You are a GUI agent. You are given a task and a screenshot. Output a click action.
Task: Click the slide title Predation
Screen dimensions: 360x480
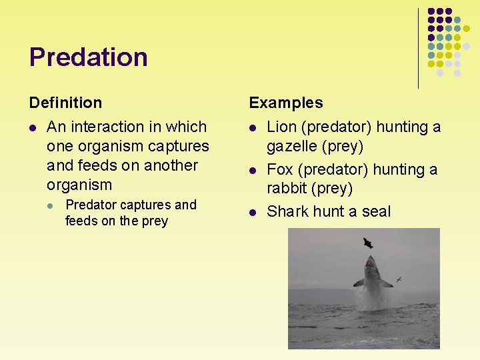[88, 57]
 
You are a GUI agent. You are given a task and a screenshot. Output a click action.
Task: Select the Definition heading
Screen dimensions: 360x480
[65, 103]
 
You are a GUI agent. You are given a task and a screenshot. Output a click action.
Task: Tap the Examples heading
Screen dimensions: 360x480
[285, 103]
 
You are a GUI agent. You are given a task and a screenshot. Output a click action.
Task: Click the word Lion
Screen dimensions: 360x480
[280, 127]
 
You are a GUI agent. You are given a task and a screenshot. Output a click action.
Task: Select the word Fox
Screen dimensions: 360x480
[279, 170]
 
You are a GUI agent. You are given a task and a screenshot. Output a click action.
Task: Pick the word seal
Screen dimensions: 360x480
[377, 212]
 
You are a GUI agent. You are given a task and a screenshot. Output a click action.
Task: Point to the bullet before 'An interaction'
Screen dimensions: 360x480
[33, 127]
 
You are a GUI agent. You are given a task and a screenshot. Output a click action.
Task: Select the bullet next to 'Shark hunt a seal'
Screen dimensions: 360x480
[253, 213]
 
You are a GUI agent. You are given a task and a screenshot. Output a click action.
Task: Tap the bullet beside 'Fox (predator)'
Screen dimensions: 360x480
[253, 171]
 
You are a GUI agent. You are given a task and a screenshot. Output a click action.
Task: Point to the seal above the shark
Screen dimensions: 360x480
[367, 243]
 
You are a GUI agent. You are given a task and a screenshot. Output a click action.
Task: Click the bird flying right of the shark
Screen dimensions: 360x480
[398, 279]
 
